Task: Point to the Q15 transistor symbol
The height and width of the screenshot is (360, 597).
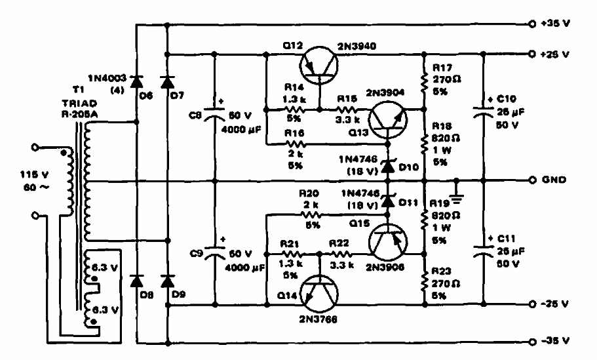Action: click(387, 242)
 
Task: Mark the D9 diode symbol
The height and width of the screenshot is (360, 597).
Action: click(166, 281)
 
